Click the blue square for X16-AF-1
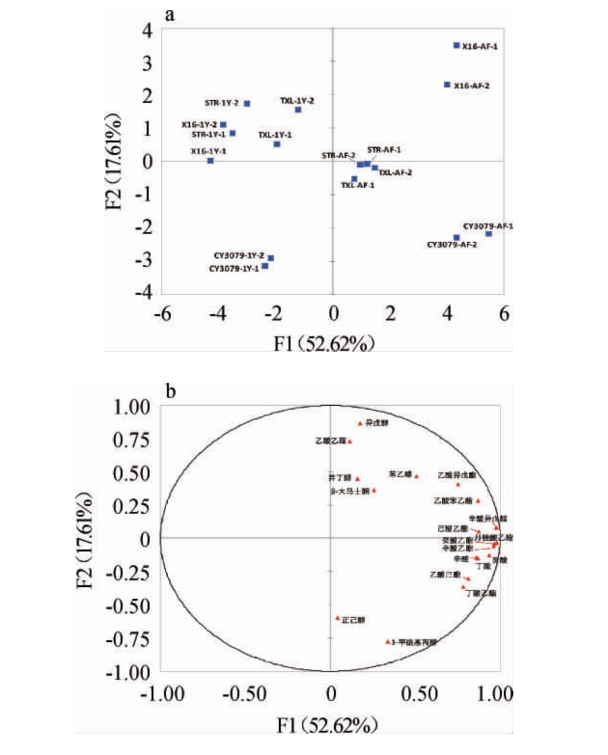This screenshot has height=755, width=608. tap(456, 45)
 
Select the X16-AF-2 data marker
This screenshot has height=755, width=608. tap(447, 84)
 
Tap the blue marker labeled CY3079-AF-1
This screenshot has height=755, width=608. tap(488, 233)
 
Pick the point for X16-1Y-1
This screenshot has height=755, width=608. tap(210, 160)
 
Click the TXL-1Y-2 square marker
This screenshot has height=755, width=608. tap(299, 109)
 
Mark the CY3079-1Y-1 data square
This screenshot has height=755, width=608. tap(264, 266)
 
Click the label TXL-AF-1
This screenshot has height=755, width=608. tap(358, 185)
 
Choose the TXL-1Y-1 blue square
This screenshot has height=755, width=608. tap(277, 144)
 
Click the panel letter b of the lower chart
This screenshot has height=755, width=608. tap(171, 391)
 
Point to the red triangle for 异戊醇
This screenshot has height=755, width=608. tap(360, 423)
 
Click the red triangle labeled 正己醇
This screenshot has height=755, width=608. tap(338, 618)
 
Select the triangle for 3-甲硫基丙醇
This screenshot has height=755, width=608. tap(387, 642)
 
